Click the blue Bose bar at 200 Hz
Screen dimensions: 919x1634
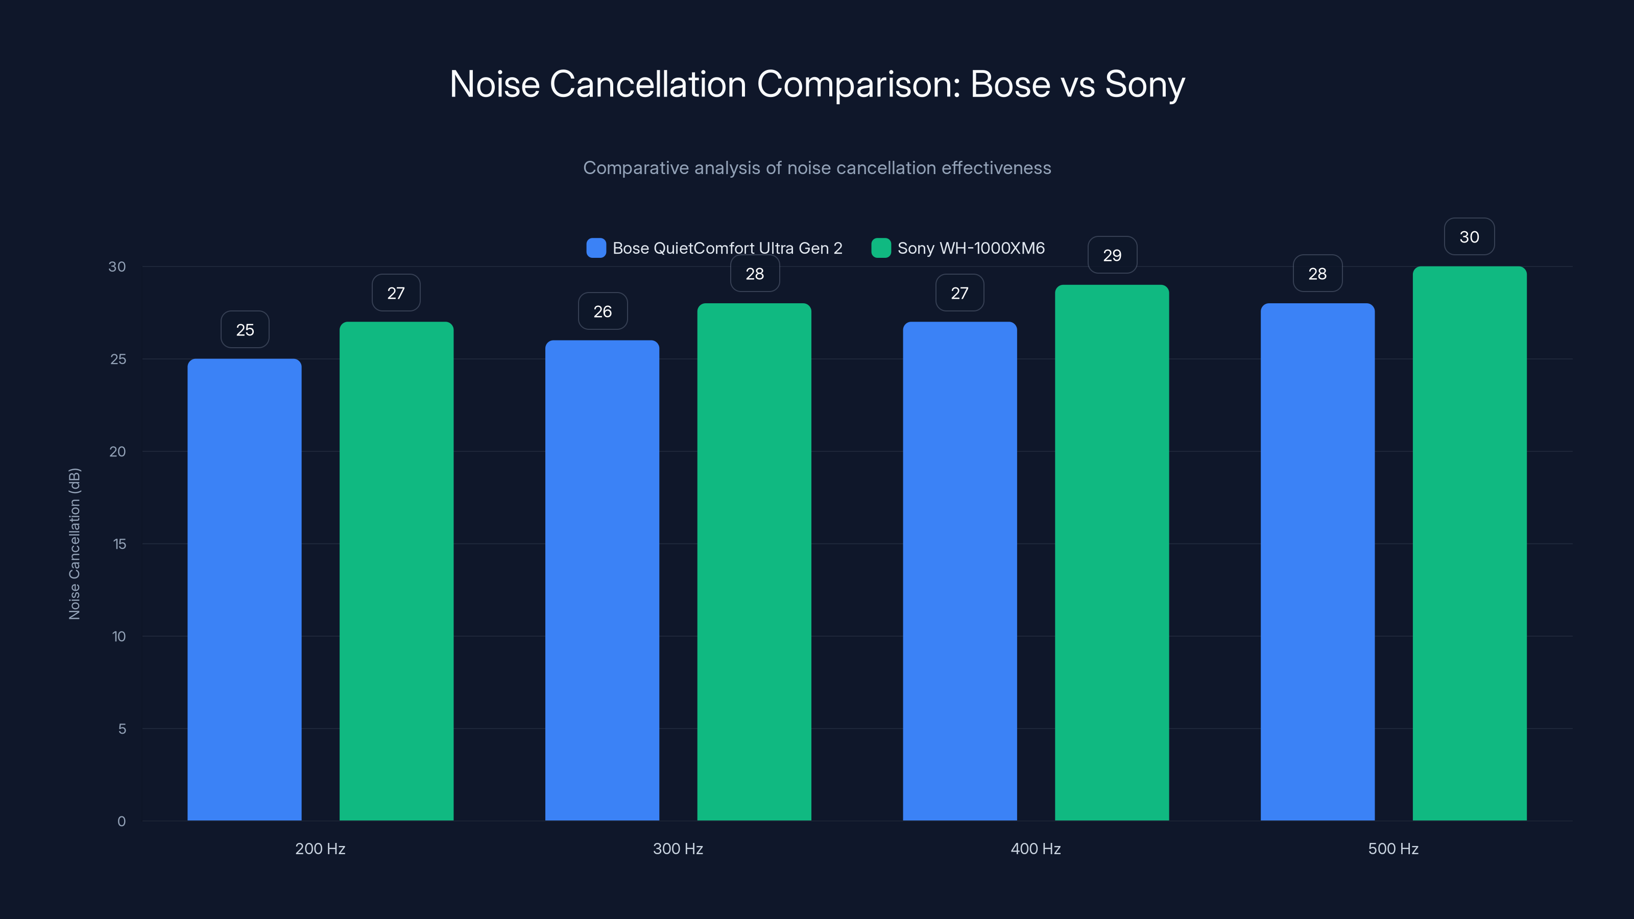click(244, 590)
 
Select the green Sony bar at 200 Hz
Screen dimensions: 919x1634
click(396, 571)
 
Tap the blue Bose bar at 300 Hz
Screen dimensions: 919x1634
click(602, 581)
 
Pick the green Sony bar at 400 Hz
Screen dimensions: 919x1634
click(1111, 552)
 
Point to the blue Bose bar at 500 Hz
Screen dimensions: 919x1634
click(1317, 561)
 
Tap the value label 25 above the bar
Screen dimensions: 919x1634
click(245, 330)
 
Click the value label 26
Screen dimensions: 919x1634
click(603, 311)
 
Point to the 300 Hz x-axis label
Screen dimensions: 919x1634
click(678, 849)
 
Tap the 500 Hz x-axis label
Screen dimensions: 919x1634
click(1393, 849)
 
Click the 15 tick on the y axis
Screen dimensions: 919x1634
click(119, 544)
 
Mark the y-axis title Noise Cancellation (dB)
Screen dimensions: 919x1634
click(74, 544)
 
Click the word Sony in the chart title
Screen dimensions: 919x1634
click(1144, 84)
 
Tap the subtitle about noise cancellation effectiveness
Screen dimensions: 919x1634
click(817, 168)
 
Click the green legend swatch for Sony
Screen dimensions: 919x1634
click(881, 248)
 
